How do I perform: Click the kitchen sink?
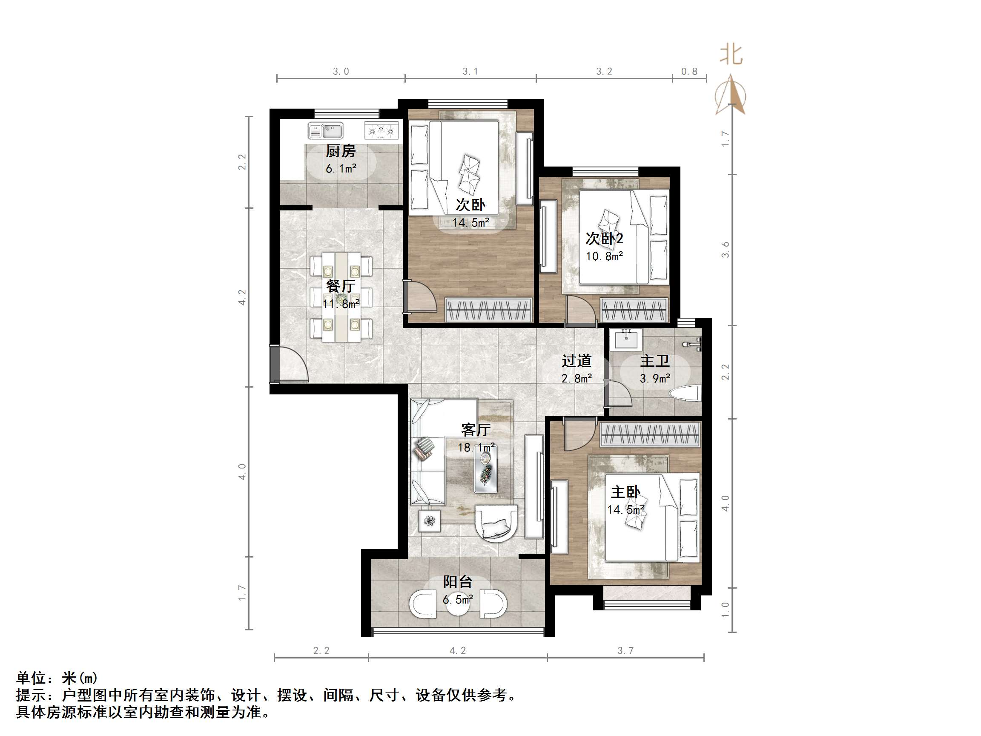click(x=326, y=131)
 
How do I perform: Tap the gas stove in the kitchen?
click(x=381, y=130)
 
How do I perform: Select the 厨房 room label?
click(x=341, y=151)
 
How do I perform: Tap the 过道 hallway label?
click(x=577, y=361)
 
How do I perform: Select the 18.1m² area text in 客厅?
click(x=476, y=447)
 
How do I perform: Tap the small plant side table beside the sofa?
click(x=429, y=521)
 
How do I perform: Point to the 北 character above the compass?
click(x=731, y=55)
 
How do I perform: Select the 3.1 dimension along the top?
click(x=470, y=72)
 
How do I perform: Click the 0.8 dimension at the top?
click(x=689, y=72)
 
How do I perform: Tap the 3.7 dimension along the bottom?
click(x=625, y=650)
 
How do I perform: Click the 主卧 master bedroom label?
click(x=625, y=492)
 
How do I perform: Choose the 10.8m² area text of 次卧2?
click(x=604, y=256)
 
